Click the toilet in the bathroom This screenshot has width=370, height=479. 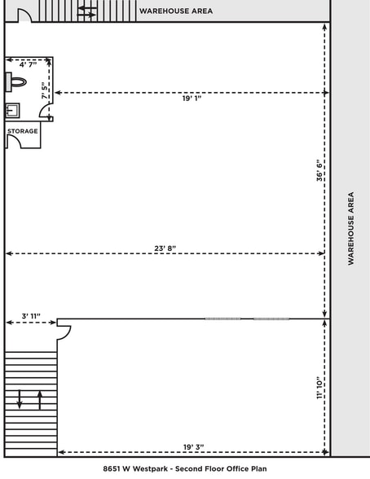[x=16, y=82]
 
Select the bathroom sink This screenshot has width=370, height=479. [x=13, y=110]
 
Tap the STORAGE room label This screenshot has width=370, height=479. [x=23, y=130]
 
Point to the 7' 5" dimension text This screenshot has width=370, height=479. [x=46, y=90]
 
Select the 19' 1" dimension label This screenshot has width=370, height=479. [x=191, y=98]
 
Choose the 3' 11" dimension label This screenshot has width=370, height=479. [x=30, y=316]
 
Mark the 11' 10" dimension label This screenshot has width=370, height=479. [x=319, y=388]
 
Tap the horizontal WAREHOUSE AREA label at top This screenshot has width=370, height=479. [x=176, y=11]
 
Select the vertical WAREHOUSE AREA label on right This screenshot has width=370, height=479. [x=351, y=228]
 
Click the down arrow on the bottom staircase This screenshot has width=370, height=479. [x=20, y=400]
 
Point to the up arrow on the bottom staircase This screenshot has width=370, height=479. [x=39, y=400]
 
